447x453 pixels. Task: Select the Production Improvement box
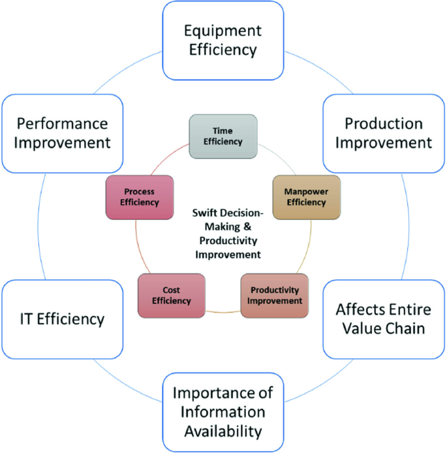tap(384, 133)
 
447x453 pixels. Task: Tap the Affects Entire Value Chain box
tap(384, 319)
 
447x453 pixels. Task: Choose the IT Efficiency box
tap(61, 319)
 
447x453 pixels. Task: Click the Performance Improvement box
tap(63, 133)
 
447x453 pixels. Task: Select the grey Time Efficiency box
tap(223, 136)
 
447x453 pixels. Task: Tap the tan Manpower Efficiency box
tap(305, 196)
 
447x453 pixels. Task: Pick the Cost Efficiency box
tap(171, 295)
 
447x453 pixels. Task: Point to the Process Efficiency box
tap(140, 196)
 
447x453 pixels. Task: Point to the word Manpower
tap(305, 191)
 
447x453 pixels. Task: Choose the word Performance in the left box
tap(63, 123)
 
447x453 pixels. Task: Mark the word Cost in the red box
tap(171, 290)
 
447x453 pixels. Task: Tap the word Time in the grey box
tap(223, 131)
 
